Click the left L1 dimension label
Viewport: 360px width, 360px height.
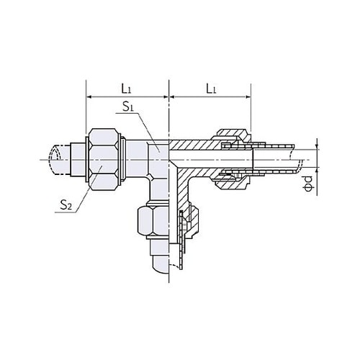127,89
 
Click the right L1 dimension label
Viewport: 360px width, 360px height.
210,89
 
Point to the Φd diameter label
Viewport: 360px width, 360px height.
308,183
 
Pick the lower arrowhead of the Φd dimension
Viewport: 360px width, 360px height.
315,170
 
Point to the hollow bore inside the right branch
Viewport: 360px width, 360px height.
209,158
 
